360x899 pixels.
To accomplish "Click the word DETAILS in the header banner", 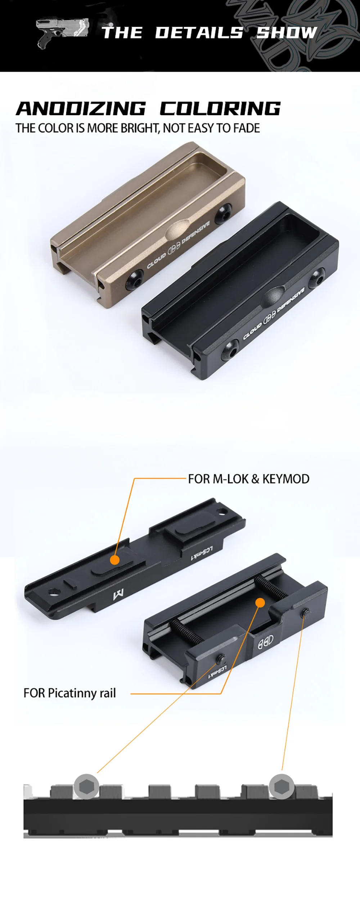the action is pos(199,33).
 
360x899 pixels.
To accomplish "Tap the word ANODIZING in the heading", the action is pos(81,109).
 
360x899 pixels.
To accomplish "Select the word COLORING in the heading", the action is pos(220,109).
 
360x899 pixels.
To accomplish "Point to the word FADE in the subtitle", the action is pos(247,128).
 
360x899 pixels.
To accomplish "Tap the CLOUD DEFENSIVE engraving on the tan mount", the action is pos(178,245).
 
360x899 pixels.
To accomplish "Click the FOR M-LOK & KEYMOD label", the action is pos(249,479).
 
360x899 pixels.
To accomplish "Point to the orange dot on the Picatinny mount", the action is pos(260,602).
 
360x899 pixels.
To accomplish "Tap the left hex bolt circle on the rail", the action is pos(86,786).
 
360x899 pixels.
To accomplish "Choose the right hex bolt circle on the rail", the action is pos(282,786).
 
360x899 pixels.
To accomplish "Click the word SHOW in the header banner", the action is pos(287,33).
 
